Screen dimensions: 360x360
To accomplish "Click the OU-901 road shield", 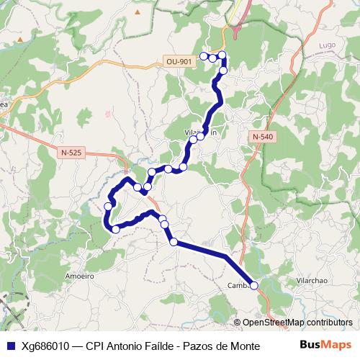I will (x=179, y=62).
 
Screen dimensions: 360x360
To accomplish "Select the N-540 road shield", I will (x=263, y=136).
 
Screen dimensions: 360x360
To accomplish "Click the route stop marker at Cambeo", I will (x=253, y=285).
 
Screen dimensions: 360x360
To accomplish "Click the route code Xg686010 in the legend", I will (x=45, y=345).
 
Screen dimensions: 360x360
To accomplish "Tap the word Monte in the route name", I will (x=243, y=345).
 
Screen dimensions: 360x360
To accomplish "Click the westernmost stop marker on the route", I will (x=108, y=206).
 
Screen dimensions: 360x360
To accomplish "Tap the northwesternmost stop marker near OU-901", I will (x=204, y=55).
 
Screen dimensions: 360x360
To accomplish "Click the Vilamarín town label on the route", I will (x=201, y=132).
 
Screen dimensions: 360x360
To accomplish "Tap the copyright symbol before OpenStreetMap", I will (x=238, y=323).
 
